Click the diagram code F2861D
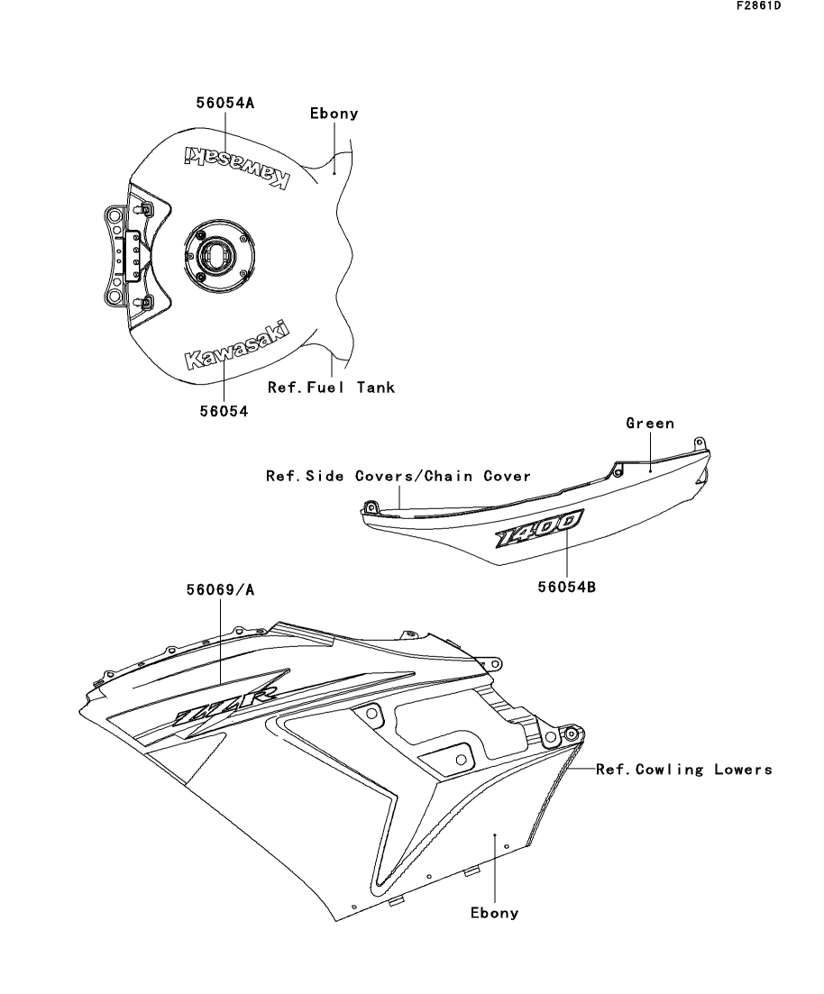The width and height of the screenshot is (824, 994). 759,5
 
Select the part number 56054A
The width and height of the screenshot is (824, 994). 225,103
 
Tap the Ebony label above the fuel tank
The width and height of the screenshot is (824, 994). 334,114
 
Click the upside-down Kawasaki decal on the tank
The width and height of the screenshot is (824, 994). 237,166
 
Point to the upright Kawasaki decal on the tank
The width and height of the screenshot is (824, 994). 236,345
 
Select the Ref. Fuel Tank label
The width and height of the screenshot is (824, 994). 331,388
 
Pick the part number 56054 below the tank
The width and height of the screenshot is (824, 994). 224,412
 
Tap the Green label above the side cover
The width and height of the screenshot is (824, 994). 650,424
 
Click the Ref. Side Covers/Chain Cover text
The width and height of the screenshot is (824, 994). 398,476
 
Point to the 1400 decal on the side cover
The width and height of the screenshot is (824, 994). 538,529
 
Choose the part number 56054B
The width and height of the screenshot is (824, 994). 567,587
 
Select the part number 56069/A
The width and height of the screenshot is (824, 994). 220,590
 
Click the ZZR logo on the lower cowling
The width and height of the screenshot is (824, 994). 225,704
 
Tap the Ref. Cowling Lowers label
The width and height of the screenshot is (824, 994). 684,770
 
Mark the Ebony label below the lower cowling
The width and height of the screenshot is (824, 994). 495,913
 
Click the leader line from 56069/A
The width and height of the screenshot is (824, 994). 221,641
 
